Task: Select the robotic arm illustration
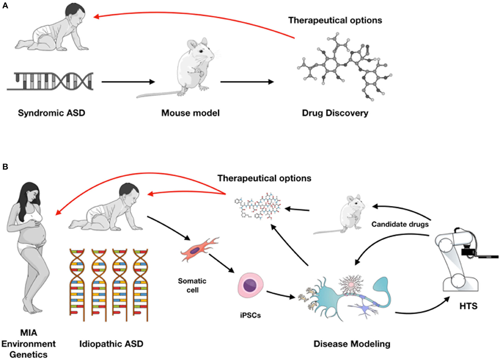point(461,258)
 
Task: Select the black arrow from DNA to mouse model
point(127,82)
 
